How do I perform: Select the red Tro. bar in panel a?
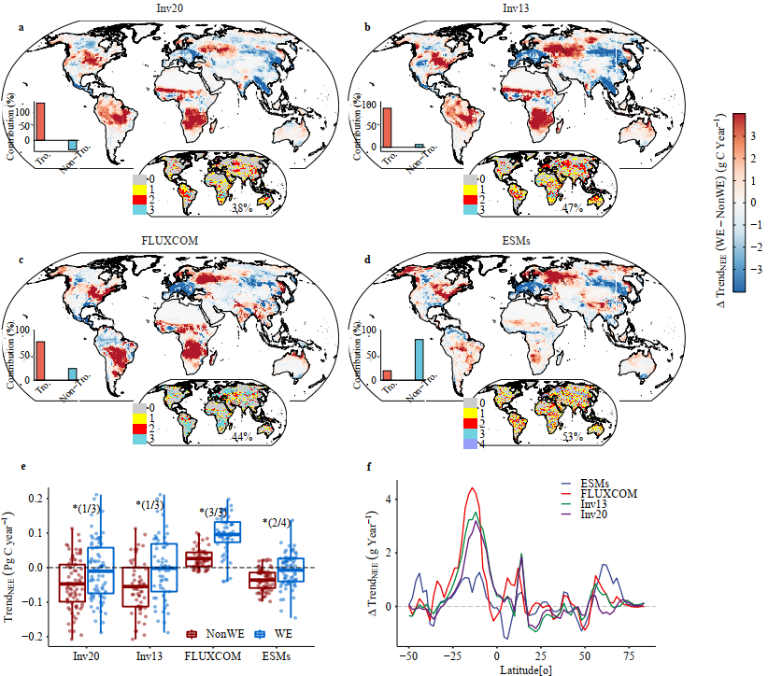40,121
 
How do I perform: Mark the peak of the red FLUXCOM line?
475,488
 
